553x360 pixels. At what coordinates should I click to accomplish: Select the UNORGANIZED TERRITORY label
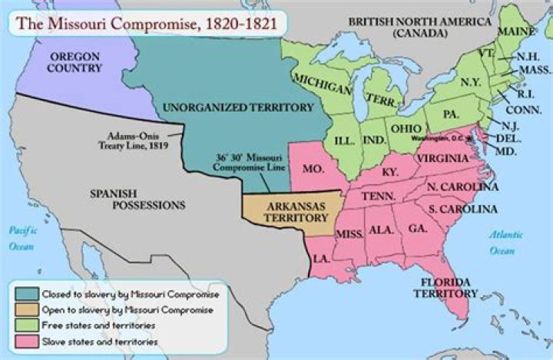pos(229,107)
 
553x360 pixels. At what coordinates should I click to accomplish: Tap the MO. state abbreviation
pos(313,168)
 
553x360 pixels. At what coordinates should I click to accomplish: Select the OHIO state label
pos(405,127)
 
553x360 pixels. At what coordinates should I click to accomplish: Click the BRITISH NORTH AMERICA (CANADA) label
pos(419,28)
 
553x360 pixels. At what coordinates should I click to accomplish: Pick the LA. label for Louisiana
pos(321,259)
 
